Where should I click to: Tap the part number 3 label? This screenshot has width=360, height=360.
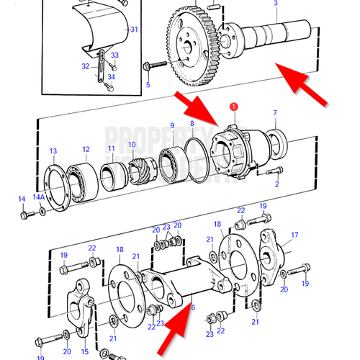coord(274,4)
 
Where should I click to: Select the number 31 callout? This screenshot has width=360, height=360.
coord(132,30)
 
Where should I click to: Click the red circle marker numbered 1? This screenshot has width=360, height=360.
coord(233,107)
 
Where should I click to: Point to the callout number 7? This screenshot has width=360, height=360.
coord(274,113)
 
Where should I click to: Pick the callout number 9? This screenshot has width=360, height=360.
coord(172,127)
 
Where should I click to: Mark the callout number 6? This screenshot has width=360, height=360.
coord(192,307)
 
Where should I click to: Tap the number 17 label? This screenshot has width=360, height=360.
coord(294,235)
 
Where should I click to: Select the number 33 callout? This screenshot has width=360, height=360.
coord(114,55)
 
